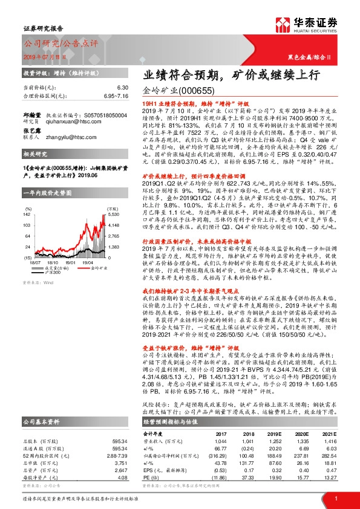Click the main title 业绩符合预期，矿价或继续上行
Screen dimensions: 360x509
pos(223,76)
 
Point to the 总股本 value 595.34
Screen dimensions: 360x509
pos(120,442)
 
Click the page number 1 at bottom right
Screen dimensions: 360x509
pos(336,498)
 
